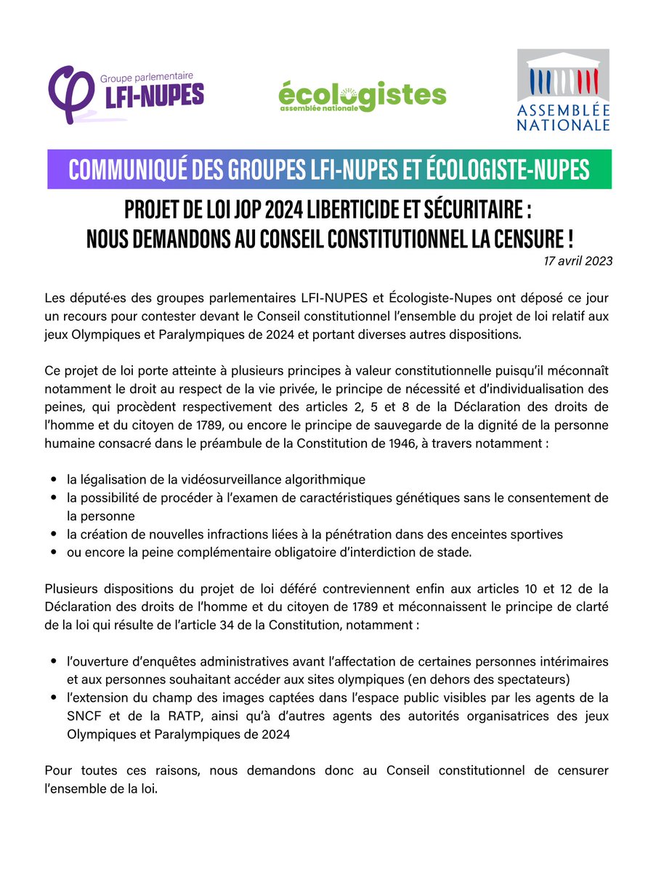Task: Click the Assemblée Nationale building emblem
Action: coord(563,75)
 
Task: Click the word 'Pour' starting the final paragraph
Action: coord(57,770)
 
